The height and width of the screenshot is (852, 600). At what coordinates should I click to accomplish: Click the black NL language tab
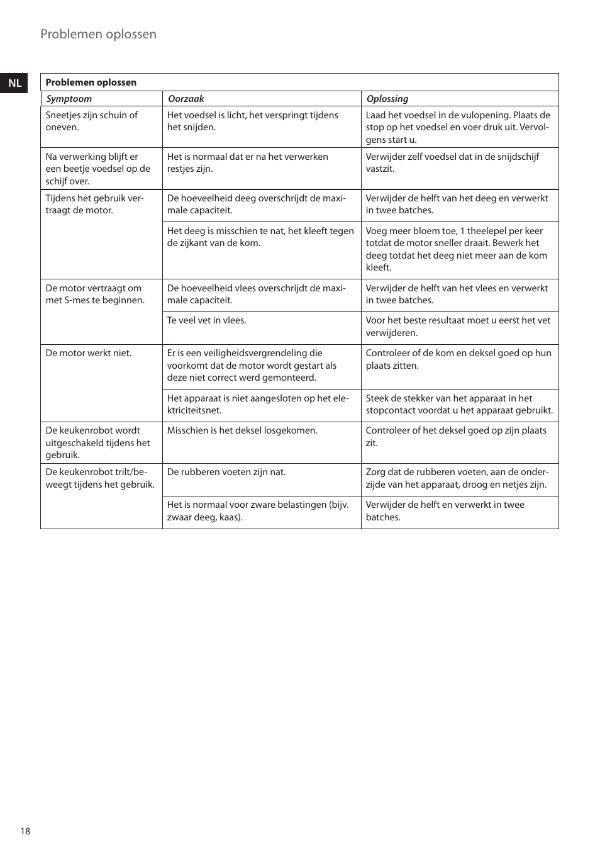point(14,83)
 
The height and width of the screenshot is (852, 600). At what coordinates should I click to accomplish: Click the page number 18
point(25,831)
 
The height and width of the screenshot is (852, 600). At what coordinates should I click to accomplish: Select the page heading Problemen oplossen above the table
point(98,35)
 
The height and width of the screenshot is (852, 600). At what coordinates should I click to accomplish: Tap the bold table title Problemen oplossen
point(91,82)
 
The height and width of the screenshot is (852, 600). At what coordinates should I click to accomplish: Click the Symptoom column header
point(69,99)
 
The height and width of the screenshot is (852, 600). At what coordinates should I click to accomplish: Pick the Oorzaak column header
point(186,99)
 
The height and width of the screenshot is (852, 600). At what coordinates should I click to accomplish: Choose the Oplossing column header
point(387,99)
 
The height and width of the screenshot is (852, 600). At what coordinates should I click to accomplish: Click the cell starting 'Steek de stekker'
point(459,405)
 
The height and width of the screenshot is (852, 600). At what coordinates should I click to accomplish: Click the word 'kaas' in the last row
point(228,517)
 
